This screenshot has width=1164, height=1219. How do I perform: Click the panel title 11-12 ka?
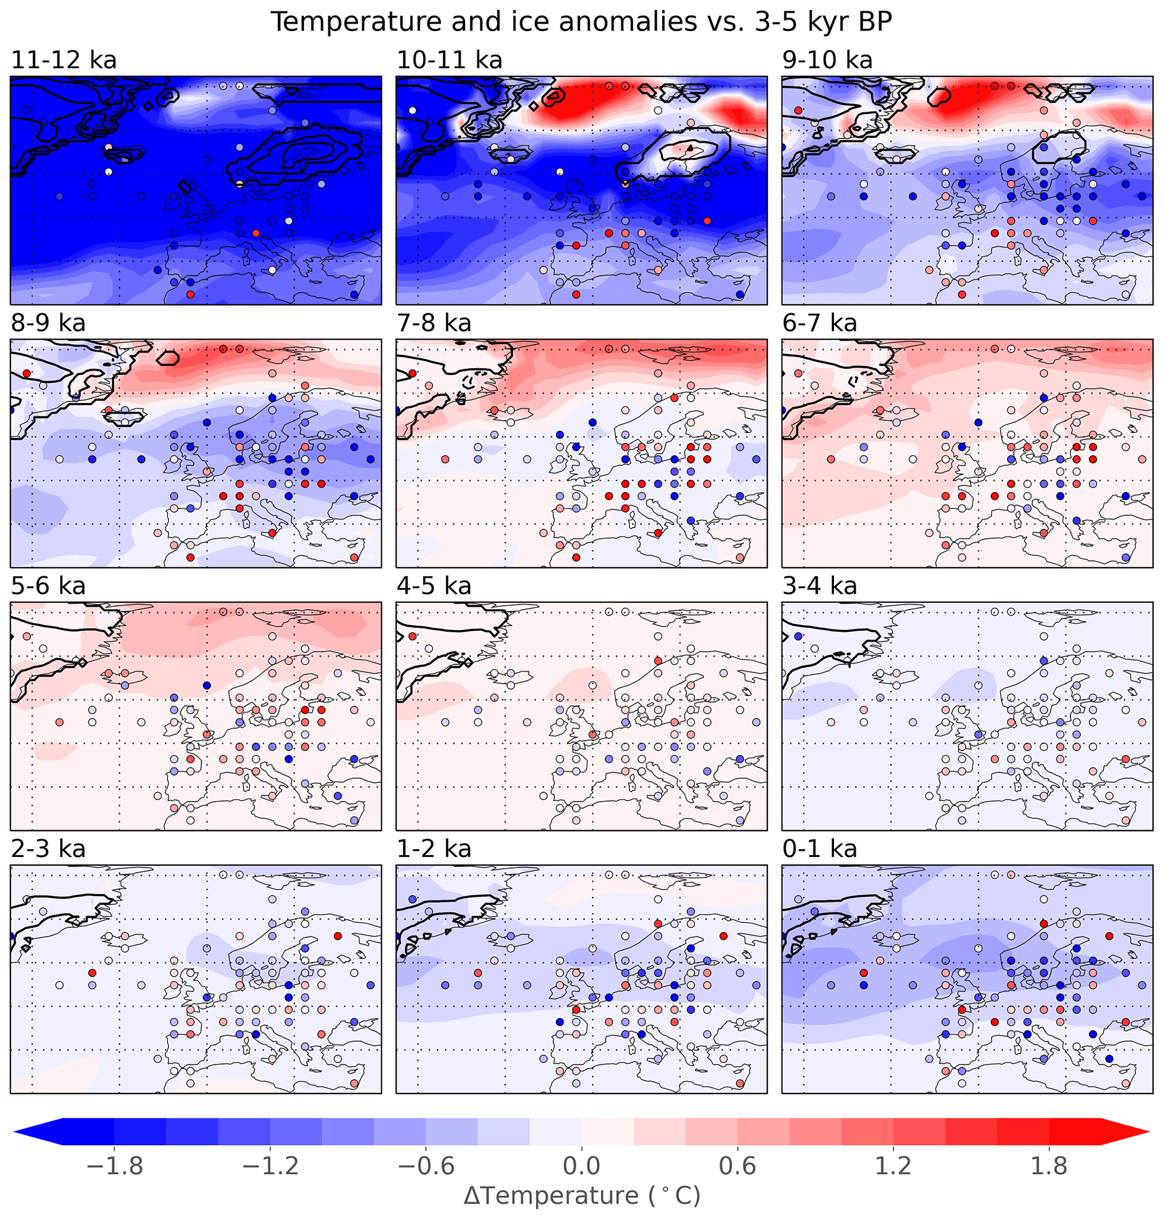point(64,60)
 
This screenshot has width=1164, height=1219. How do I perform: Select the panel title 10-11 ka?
point(449,60)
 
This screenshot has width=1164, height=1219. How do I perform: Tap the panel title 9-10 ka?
point(827,60)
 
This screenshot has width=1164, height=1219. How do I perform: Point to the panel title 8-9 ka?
point(48,323)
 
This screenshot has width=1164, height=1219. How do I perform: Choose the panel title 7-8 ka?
point(434,323)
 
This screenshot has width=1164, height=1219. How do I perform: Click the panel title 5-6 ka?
point(48,586)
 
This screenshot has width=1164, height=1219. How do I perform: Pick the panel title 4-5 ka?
point(434,586)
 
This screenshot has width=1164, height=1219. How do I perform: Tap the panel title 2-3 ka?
point(48,849)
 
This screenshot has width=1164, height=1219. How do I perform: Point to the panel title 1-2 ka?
point(434,849)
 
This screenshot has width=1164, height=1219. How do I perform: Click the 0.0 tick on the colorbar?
point(581,1166)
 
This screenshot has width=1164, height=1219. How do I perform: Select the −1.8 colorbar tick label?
point(115,1166)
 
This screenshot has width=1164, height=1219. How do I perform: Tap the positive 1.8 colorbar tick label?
point(1049,1166)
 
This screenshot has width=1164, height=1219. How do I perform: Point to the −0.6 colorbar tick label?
point(426,1166)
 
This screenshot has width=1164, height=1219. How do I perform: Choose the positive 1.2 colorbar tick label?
point(893,1166)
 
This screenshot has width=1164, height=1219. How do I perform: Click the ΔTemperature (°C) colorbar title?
point(581,1196)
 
